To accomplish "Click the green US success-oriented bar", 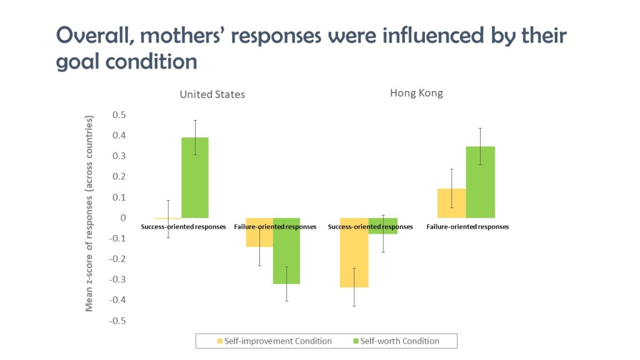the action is pos(195,177).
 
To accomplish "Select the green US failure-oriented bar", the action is pos(286,251).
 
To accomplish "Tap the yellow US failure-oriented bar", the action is pos(259,232).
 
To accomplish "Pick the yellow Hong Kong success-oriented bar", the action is pos(354,252).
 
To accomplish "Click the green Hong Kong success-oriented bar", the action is pos(383,226).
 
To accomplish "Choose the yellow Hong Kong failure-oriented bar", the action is pos(451,203).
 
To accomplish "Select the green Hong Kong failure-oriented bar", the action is pos(481,182).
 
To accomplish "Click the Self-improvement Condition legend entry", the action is pos(274,341).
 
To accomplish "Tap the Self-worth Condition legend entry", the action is pos(396,341).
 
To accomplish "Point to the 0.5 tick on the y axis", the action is pos(119,115).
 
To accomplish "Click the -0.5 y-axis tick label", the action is pos(117,321).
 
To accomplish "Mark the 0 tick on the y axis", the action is pos(123,218).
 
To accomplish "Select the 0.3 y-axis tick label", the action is pos(119,156).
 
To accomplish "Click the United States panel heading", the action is pos(212,94).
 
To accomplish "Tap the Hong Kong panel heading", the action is pos(416,93).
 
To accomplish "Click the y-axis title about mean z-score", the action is pos(89,214).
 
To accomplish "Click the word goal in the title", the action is pos(77,62).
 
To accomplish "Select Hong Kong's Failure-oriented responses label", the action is pos(467,226).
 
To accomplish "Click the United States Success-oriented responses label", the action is pos(183,226).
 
